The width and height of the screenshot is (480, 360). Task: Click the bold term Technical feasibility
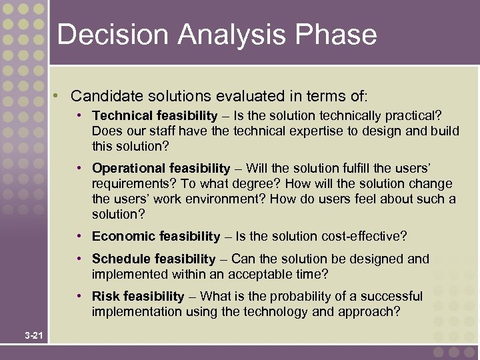click(x=155, y=116)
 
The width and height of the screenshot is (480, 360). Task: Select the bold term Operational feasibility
click(x=161, y=168)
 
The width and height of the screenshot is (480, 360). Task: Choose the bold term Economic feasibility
click(x=156, y=237)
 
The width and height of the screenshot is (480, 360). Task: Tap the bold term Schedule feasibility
click(x=154, y=259)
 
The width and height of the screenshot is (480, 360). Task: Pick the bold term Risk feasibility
click(x=138, y=296)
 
